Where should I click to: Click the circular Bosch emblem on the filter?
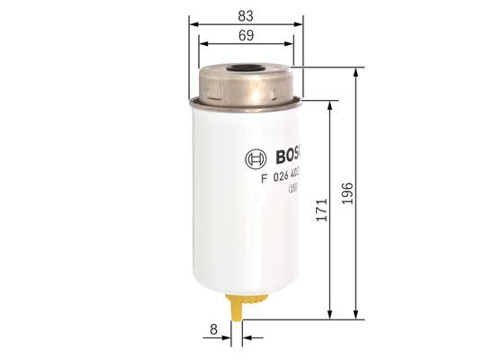(x=255, y=159)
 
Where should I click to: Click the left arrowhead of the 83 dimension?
(x=193, y=23)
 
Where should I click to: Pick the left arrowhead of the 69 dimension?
(x=202, y=43)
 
